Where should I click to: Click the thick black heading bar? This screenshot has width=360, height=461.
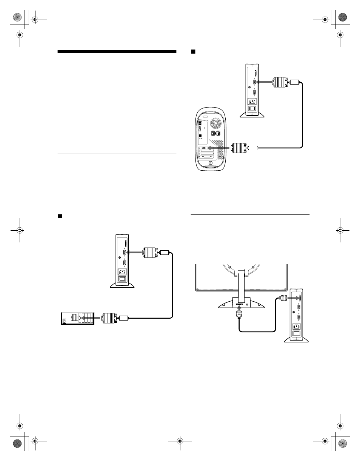click(x=117, y=52)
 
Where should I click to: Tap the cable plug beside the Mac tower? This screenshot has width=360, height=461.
click(x=239, y=148)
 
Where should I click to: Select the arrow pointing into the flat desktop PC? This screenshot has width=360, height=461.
click(x=92, y=318)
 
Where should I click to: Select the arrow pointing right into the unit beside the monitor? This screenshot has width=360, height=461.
click(x=292, y=298)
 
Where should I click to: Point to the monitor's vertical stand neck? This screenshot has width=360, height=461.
click(x=242, y=283)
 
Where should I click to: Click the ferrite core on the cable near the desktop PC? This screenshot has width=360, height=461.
click(x=124, y=318)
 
